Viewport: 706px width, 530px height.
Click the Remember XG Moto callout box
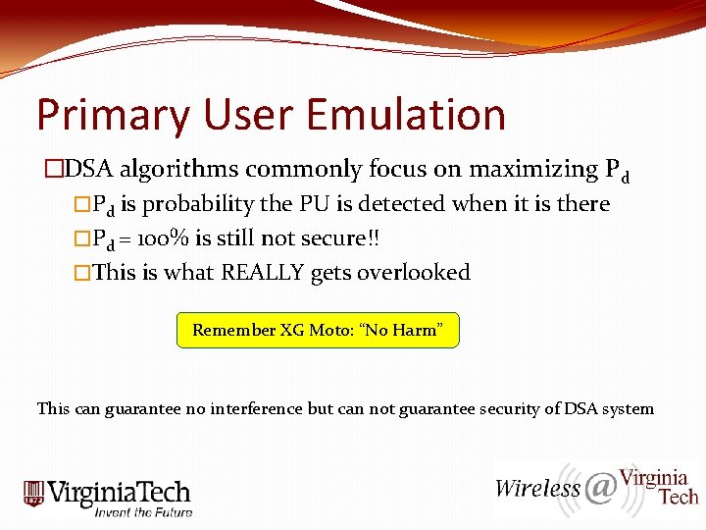(318, 331)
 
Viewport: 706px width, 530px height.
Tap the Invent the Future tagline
(143, 511)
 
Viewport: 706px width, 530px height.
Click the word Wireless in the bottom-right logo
(537, 488)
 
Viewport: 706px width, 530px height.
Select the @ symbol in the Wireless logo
(600, 487)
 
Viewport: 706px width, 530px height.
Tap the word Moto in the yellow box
(329, 331)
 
